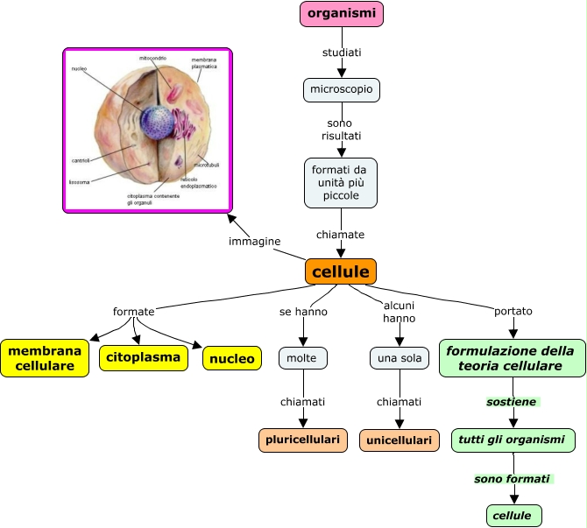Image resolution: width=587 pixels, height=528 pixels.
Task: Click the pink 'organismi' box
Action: point(342,14)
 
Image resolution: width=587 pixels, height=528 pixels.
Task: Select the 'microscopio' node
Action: point(342,89)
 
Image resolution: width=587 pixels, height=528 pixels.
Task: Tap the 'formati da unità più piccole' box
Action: point(341,182)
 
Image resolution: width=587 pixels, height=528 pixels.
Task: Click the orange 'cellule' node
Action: point(341,271)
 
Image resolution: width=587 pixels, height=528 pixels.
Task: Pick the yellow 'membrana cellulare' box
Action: point(45,357)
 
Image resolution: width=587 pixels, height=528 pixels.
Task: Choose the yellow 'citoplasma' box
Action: point(145,357)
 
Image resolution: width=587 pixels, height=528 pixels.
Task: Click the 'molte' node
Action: point(303,357)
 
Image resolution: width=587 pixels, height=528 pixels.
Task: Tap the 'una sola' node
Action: point(399,358)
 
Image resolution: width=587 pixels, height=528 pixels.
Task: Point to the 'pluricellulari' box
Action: point(303,440)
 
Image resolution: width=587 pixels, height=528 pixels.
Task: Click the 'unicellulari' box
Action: point(400,440)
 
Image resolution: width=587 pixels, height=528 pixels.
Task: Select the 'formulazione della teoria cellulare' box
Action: point(512,358)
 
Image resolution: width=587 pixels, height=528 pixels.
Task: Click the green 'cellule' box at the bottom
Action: point(513,516)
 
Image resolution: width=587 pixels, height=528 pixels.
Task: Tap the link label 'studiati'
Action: point(342,53)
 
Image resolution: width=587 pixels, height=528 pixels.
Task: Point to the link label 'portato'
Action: point(513,311)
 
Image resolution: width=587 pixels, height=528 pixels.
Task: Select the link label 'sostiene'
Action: point(512,402)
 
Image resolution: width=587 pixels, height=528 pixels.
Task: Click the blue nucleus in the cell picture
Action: point(159,123)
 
